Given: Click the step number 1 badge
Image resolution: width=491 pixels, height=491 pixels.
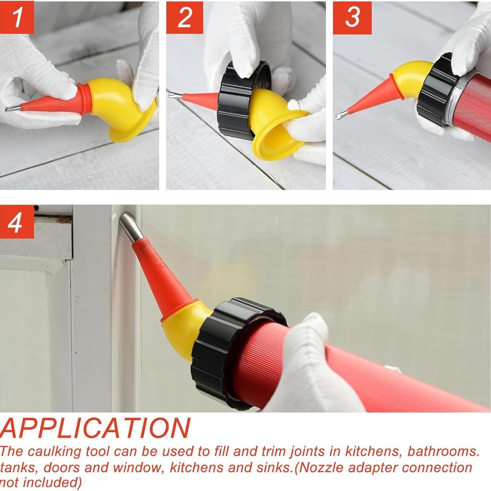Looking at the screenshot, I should (x=17, y=18).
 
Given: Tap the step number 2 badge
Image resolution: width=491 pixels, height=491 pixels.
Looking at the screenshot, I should (x=184, y=18).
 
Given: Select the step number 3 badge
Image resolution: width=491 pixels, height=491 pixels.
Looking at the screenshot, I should (x=352, y=18).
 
